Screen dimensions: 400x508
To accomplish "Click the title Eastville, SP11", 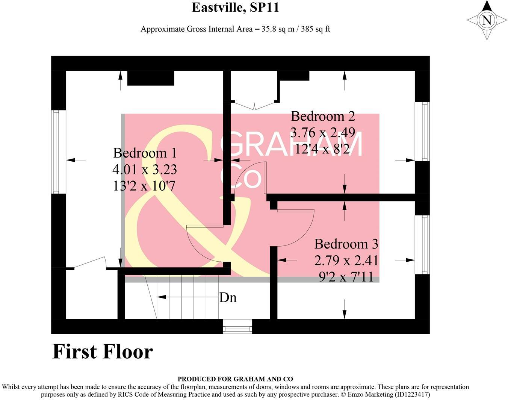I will [235, 8].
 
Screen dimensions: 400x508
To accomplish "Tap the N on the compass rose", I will [487, 20].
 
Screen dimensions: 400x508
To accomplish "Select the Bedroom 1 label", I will [145, 153].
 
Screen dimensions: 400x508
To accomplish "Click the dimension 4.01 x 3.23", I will [145, 170].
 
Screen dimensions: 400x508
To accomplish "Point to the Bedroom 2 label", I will [323, 116].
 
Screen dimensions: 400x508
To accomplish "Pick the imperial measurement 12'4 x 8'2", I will [323, 149].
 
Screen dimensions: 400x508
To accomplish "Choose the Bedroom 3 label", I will [346, 244].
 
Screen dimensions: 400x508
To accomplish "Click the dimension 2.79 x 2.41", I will [346, 260].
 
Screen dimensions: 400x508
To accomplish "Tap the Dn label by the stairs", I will [228, 298].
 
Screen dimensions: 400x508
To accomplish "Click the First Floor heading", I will [103, 352].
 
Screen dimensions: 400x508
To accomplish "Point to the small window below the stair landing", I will [237, 326].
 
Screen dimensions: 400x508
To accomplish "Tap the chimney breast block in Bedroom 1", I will [151, 78].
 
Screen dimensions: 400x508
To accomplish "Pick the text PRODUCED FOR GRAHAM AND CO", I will [235, 379].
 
